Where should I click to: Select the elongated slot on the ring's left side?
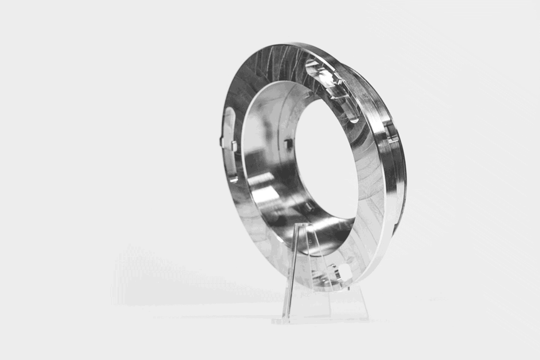click(229, 144)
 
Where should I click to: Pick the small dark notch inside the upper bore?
click(288, 144)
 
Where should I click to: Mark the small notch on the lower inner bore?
click(309, 207)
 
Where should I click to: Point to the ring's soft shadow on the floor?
click(180, 288)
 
